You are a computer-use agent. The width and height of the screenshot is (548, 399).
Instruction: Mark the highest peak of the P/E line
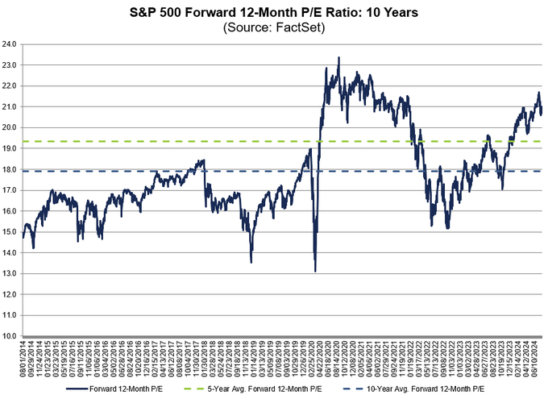point(338,57)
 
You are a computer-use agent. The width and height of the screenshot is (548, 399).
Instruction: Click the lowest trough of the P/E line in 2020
point(315,271)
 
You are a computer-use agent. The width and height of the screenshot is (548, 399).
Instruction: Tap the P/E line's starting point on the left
point(24,234)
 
